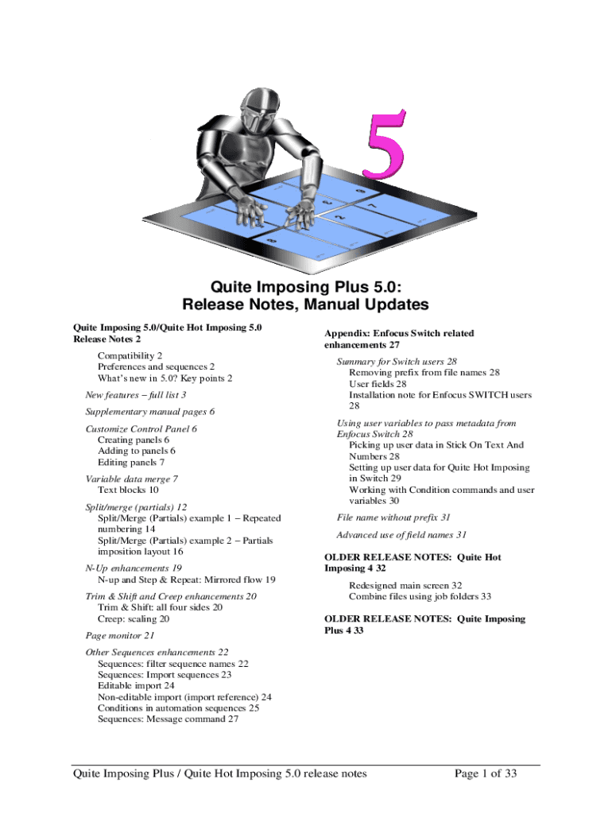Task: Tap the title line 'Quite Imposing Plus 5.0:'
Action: pyautogui.click(x=306, y=286)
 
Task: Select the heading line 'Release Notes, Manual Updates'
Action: pyautogui.click(x=306, y=304)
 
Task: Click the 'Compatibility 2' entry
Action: pyautogui.click(x=130, y=355)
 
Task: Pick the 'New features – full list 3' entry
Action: pyautogui.click(x=136, y=394)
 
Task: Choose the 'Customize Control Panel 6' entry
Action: pyautogui.click(x=141, y=428)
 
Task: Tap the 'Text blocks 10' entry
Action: pyautogui.click(x=128, y=490)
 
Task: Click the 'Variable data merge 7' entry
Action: pyautogui.click(x=131, y=479)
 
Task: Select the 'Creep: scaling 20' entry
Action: pyautogui.click(x=134, y=618)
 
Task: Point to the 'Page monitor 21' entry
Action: pyautogui.click(x=120, y=636)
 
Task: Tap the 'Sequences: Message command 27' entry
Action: pyautogui.click(x=168, y=719)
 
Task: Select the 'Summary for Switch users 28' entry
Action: pyautogui.click(x=397, y=361)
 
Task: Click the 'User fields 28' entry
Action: pyautogui.click(x=378, y=383)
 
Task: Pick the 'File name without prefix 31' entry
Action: pyautogui.click(x=393, y=517)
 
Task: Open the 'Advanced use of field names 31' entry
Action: pyautogui.click(x=401, y=535)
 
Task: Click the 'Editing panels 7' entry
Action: pyautogui.click(x=131, y=462)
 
